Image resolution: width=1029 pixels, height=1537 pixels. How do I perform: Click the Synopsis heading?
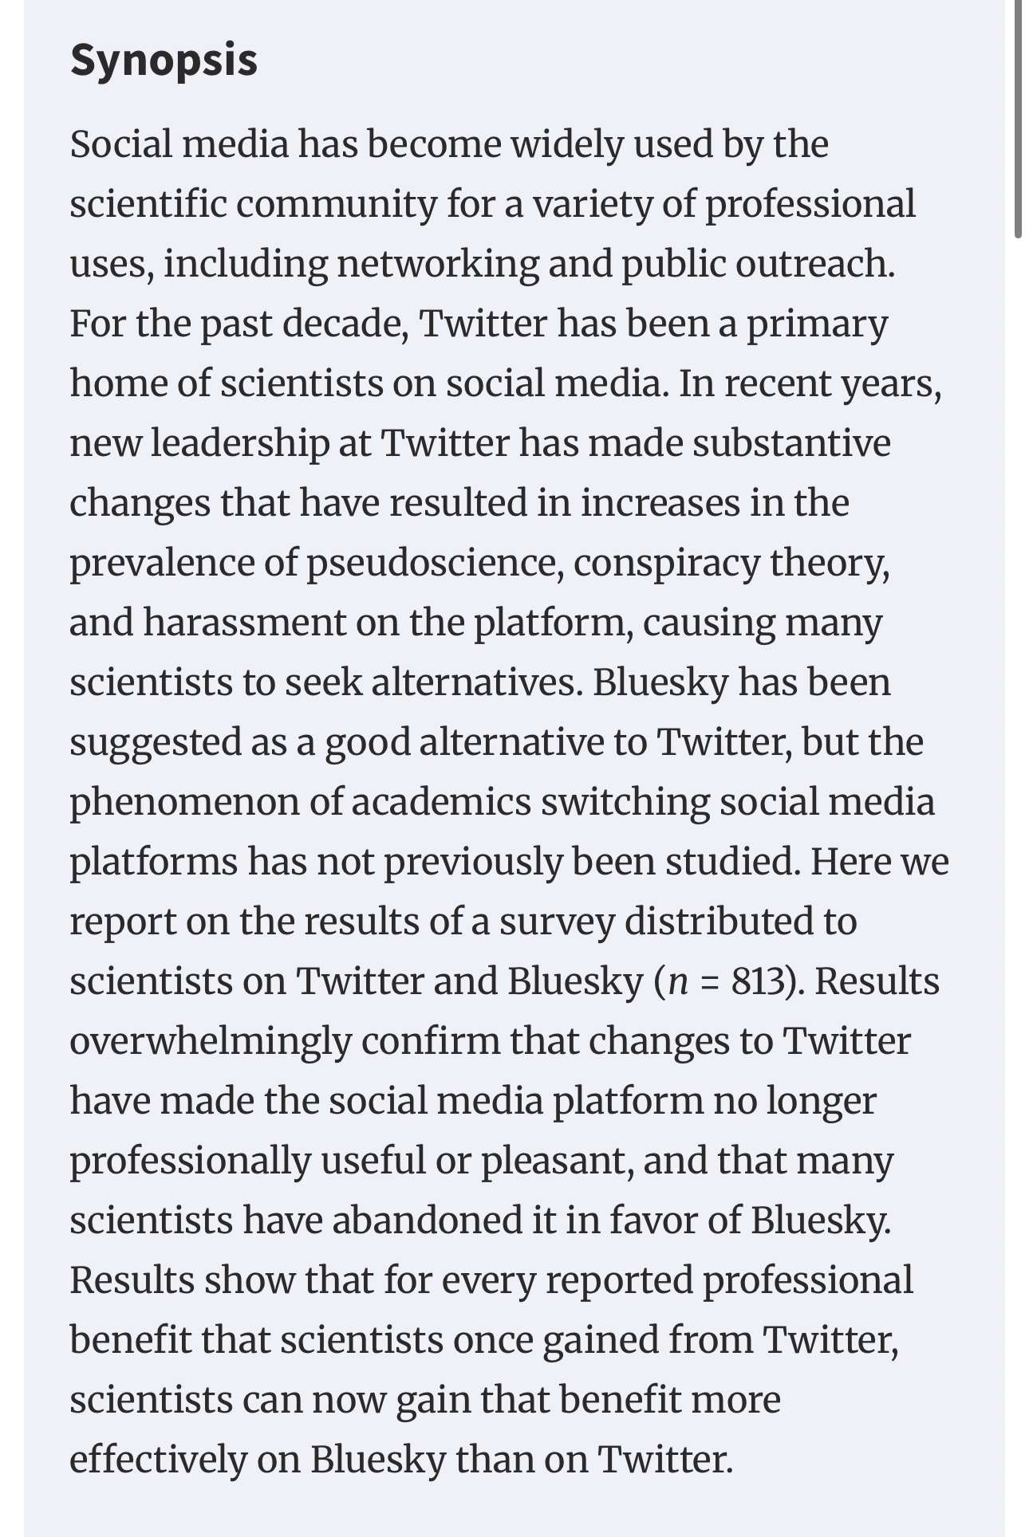pos(164,60)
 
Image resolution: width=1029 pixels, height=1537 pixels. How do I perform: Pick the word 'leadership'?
pos(239,443)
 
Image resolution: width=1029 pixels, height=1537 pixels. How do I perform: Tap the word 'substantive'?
pos(790,443)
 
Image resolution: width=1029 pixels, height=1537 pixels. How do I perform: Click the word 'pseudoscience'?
pos(431,563)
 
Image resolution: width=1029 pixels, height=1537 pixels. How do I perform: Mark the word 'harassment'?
pos(244,623)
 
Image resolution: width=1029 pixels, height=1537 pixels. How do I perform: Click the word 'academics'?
pos(440,802)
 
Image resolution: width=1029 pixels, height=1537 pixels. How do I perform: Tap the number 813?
pos(757,981)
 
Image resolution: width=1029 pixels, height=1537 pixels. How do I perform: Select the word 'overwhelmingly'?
pos(210,1041)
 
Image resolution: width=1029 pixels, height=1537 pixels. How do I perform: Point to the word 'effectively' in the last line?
pos(158,1460)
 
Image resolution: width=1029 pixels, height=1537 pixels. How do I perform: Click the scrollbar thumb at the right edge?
pos(1018,120)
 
